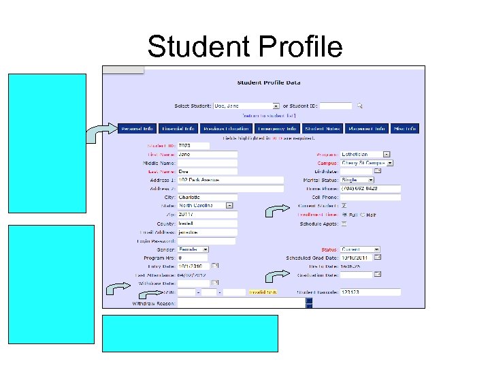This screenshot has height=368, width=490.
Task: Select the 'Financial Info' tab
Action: (x=179, y=128)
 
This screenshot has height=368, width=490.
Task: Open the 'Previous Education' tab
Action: (x=227, y=128)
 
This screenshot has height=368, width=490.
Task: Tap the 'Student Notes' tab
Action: (x=323, y=128)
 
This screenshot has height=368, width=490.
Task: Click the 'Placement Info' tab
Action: (x=367, y=128)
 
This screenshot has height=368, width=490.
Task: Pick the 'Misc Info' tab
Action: (x=405, y=128)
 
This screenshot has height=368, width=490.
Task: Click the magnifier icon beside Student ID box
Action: (x=360, y=106)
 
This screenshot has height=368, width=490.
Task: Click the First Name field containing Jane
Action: (x=207, y=155)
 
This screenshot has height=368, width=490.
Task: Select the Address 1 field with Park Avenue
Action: (x=230, y=180)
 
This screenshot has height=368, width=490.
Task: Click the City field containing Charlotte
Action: (x=207, y=197)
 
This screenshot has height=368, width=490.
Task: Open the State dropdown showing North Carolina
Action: (x=206, y=205)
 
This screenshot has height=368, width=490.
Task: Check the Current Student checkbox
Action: (x=344, y=206)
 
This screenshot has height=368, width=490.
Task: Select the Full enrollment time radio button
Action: (x=344, y=215)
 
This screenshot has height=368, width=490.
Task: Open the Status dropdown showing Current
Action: (x=360, y=249)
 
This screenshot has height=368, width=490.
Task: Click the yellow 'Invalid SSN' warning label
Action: (x=263, y=292)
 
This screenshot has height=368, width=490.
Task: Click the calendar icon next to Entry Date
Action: (x=215, y=266)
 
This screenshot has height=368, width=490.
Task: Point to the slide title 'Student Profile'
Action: (x=244, y=46)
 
